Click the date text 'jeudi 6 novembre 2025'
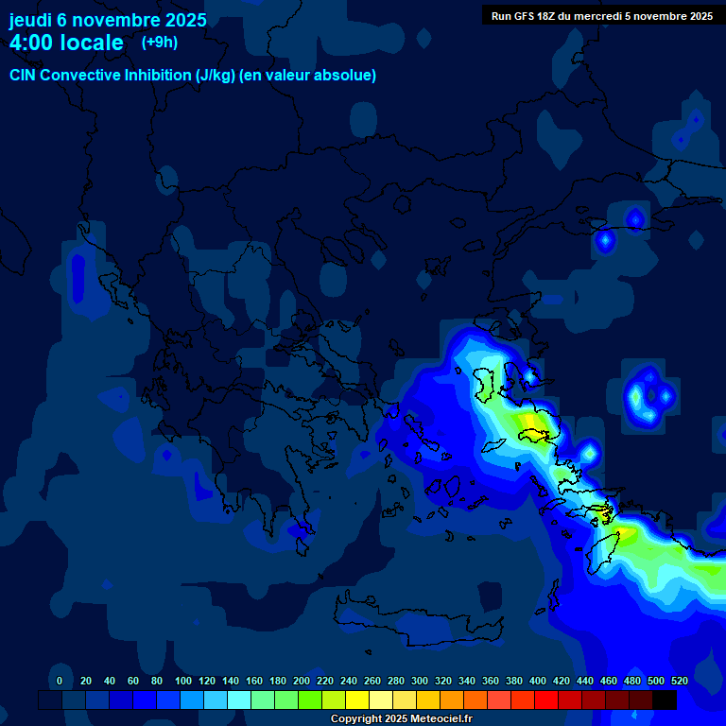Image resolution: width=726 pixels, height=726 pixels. tap(107, 20)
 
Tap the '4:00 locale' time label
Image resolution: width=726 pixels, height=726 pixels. tap(66, 43)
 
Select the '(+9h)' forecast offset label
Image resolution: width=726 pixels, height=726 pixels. tap(159, 42)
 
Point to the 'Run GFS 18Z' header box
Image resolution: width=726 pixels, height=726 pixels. tap(602, 16)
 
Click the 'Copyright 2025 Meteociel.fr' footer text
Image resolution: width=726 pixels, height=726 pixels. tap(401, 719)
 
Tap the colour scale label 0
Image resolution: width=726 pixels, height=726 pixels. tap(60, 681)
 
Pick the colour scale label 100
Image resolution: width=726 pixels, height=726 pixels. tap(183, 681)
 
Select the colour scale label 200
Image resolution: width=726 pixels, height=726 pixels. tap(302, 681)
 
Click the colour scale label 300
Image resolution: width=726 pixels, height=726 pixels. tap(420, 681)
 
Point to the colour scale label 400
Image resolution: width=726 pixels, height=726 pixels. tap(538, 681)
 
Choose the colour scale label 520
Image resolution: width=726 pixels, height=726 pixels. tap(679, 681)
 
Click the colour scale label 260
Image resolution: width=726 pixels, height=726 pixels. tap(372, 681)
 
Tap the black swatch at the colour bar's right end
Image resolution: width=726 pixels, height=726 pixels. tap(665, 700)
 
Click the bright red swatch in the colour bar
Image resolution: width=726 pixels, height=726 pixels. tap(546, 700)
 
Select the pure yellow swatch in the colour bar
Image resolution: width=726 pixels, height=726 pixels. tap(357, 700)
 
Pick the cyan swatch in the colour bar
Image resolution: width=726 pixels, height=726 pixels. tap(239, 700)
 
